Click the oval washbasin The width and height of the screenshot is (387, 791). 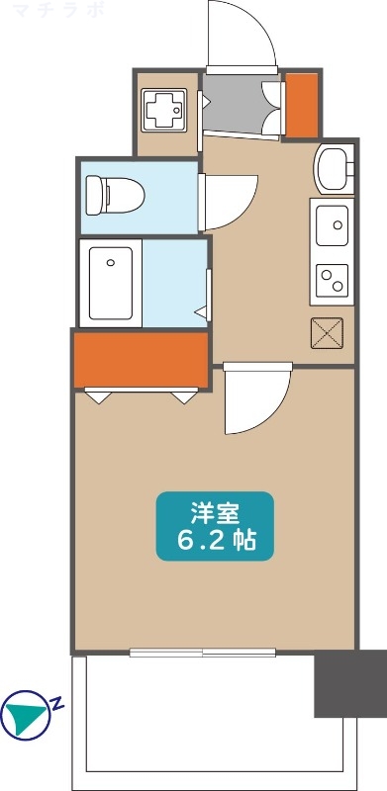[x=333, y=167]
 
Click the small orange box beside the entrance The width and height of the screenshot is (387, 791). [x=300, y=106]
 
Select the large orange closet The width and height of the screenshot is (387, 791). [x=141, y=360]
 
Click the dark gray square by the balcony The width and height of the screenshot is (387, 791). [x=349, y=683]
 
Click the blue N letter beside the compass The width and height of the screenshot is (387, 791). [x=57, y=704]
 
